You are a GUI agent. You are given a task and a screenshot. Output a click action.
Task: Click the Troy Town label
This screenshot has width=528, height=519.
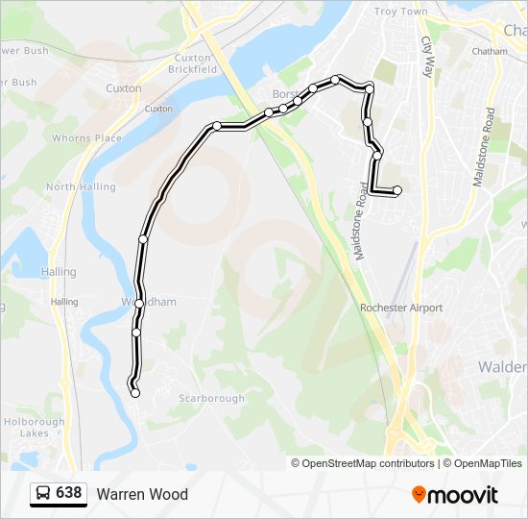(400, 12)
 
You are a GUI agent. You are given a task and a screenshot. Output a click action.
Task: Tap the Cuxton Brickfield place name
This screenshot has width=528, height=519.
(192, 63)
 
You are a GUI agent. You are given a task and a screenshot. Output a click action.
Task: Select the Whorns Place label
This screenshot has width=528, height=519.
(86, 138)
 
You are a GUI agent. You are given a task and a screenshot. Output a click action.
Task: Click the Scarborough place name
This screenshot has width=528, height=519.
(211, 399)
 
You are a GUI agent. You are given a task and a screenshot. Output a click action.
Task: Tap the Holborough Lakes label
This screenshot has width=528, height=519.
(34, 427)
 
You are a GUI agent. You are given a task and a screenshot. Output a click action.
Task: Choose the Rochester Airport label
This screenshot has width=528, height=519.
(401, 309)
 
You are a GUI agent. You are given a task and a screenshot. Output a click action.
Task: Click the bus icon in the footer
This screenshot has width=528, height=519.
(42, 494)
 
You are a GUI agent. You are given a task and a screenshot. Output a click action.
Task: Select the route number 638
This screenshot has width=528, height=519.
(69, 493)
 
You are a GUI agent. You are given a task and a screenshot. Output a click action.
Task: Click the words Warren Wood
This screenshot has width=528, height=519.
(142, 494)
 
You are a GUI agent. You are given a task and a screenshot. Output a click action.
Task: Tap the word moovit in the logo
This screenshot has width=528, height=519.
(463, 495)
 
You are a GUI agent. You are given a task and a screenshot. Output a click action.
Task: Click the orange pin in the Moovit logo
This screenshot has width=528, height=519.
(419, 494)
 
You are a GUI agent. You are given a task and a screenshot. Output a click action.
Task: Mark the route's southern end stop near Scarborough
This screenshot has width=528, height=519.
(135, 392)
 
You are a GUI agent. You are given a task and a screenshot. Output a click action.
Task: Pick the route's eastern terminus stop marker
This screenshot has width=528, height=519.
(397, 190)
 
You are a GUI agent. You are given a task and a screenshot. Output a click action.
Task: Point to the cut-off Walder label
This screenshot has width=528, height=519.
(501, 367)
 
